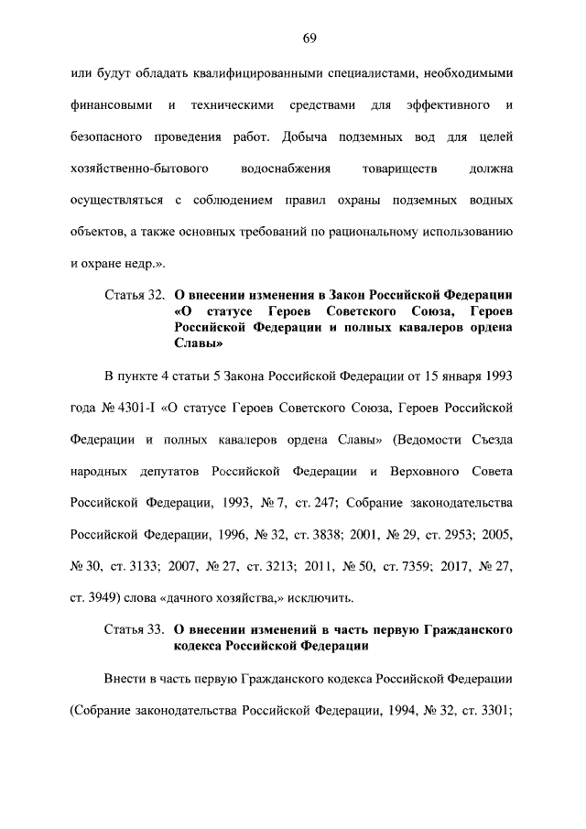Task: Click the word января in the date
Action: [455, 376]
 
